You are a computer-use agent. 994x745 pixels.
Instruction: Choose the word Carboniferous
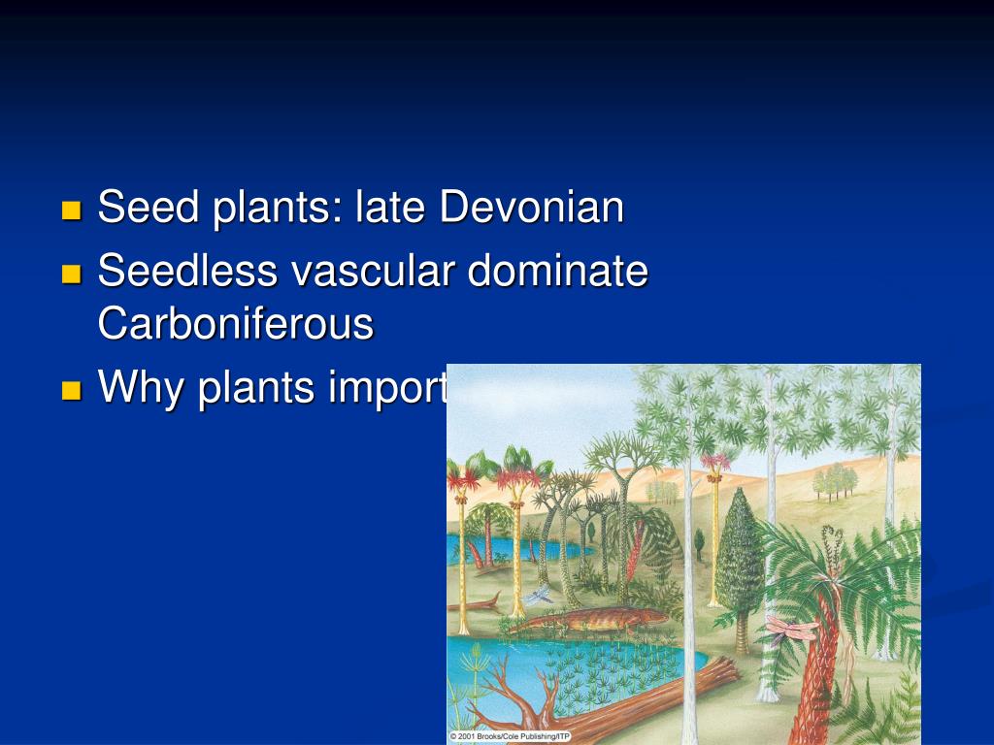click(235, 324)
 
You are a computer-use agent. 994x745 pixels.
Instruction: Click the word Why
click(142, 388)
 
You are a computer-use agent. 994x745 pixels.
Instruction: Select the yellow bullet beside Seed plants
click(71, 211)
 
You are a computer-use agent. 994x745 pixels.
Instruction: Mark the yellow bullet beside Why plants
click(71, 390)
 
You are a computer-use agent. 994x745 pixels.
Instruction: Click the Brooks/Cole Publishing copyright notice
click(511, 737)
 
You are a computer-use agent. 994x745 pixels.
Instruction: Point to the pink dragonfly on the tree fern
click(791, 629)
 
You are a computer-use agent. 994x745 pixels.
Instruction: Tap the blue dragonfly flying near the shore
click(540, 591)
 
